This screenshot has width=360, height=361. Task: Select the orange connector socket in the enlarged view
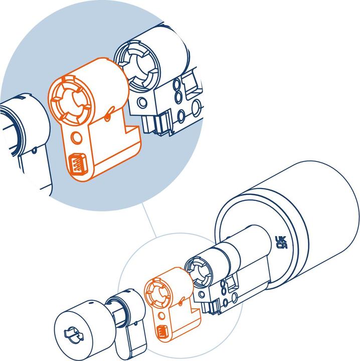point(77,164)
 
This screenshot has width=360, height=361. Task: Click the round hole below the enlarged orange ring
point(77,136)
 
